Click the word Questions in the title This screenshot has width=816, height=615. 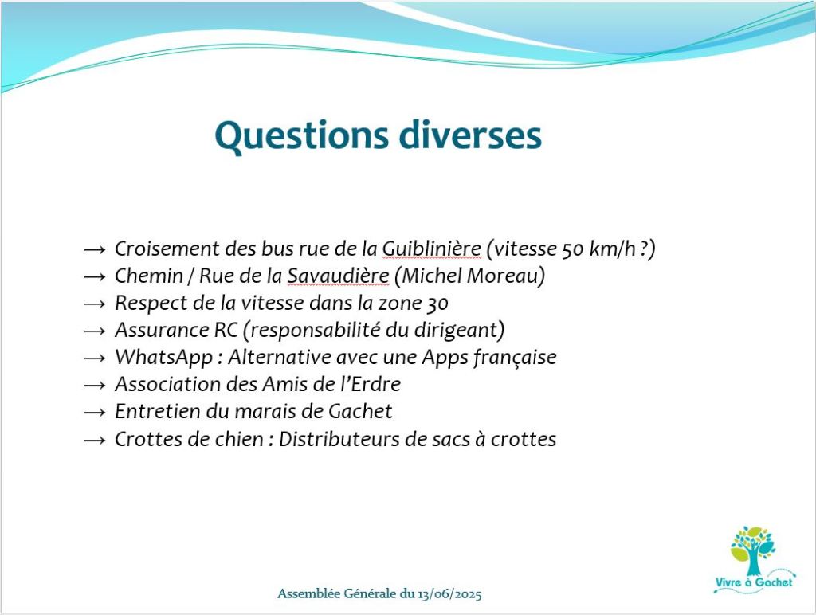click(x=301, y=135)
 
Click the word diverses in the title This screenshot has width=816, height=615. click(x=470, y=135)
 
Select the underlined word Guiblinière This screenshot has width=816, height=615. click(x=431, y=249)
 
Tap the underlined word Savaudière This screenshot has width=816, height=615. click(x=338, y=276)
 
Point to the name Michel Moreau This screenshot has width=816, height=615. click(x=469, y=276)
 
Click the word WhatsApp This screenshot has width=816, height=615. click(x=163, y=358)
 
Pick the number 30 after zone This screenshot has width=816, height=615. click(x=437, y=304)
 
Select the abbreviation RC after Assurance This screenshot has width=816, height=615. click(x=226, y=330)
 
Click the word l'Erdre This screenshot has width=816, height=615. click(x=371, y=384)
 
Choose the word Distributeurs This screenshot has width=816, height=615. click(x=339, y=439)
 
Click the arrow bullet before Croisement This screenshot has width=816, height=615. click(x=95, y=250)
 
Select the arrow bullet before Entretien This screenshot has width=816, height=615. click(x=95, y=412)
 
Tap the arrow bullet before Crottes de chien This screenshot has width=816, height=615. click(x=95, y=440)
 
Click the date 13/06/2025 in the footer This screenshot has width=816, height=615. click(x=449, y=593)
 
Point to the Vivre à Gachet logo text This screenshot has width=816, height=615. click(x=753, y=582)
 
